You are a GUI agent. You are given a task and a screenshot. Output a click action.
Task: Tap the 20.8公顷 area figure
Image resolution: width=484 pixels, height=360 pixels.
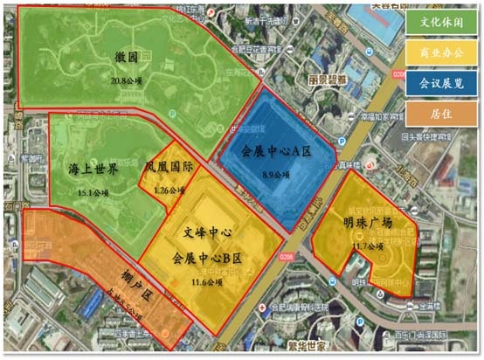point(127,80)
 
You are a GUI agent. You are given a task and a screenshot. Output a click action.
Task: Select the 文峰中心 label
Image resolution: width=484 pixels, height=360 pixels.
point(208,235)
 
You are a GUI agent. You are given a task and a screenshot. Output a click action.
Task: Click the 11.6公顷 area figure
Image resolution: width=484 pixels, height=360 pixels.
point(206,282)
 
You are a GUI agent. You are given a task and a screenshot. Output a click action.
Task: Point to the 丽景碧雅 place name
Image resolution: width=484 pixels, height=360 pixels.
point(328,78)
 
